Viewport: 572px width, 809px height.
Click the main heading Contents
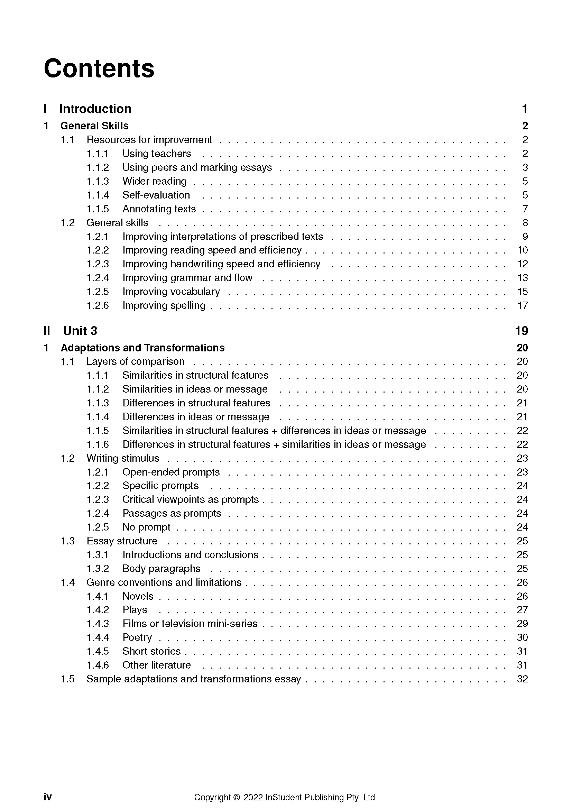pos(99,68)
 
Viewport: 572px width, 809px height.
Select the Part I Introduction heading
pos(95,109)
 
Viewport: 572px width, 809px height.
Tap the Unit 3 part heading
pos(80,331)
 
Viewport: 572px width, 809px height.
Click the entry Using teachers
pos(156,154)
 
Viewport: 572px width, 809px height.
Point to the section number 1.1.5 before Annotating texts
pos(98,209)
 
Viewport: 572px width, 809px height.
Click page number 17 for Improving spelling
pos(522,305)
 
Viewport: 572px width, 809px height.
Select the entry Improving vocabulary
pos(171,292)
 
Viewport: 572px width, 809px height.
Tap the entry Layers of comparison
pos(135,361)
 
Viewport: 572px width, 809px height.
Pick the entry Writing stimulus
pos(122,458)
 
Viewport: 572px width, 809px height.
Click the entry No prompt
pos(146,527)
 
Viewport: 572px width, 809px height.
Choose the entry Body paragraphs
pos(161,569)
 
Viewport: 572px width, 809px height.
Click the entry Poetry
pos(137,637)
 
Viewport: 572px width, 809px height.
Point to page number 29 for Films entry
pos(522,624)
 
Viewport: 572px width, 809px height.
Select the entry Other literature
pos(156,665)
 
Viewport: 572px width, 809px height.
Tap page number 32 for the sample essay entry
pos(522,679)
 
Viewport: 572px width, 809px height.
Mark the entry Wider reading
pos(154,182)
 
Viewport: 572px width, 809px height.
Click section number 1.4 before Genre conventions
pos(68,582)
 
